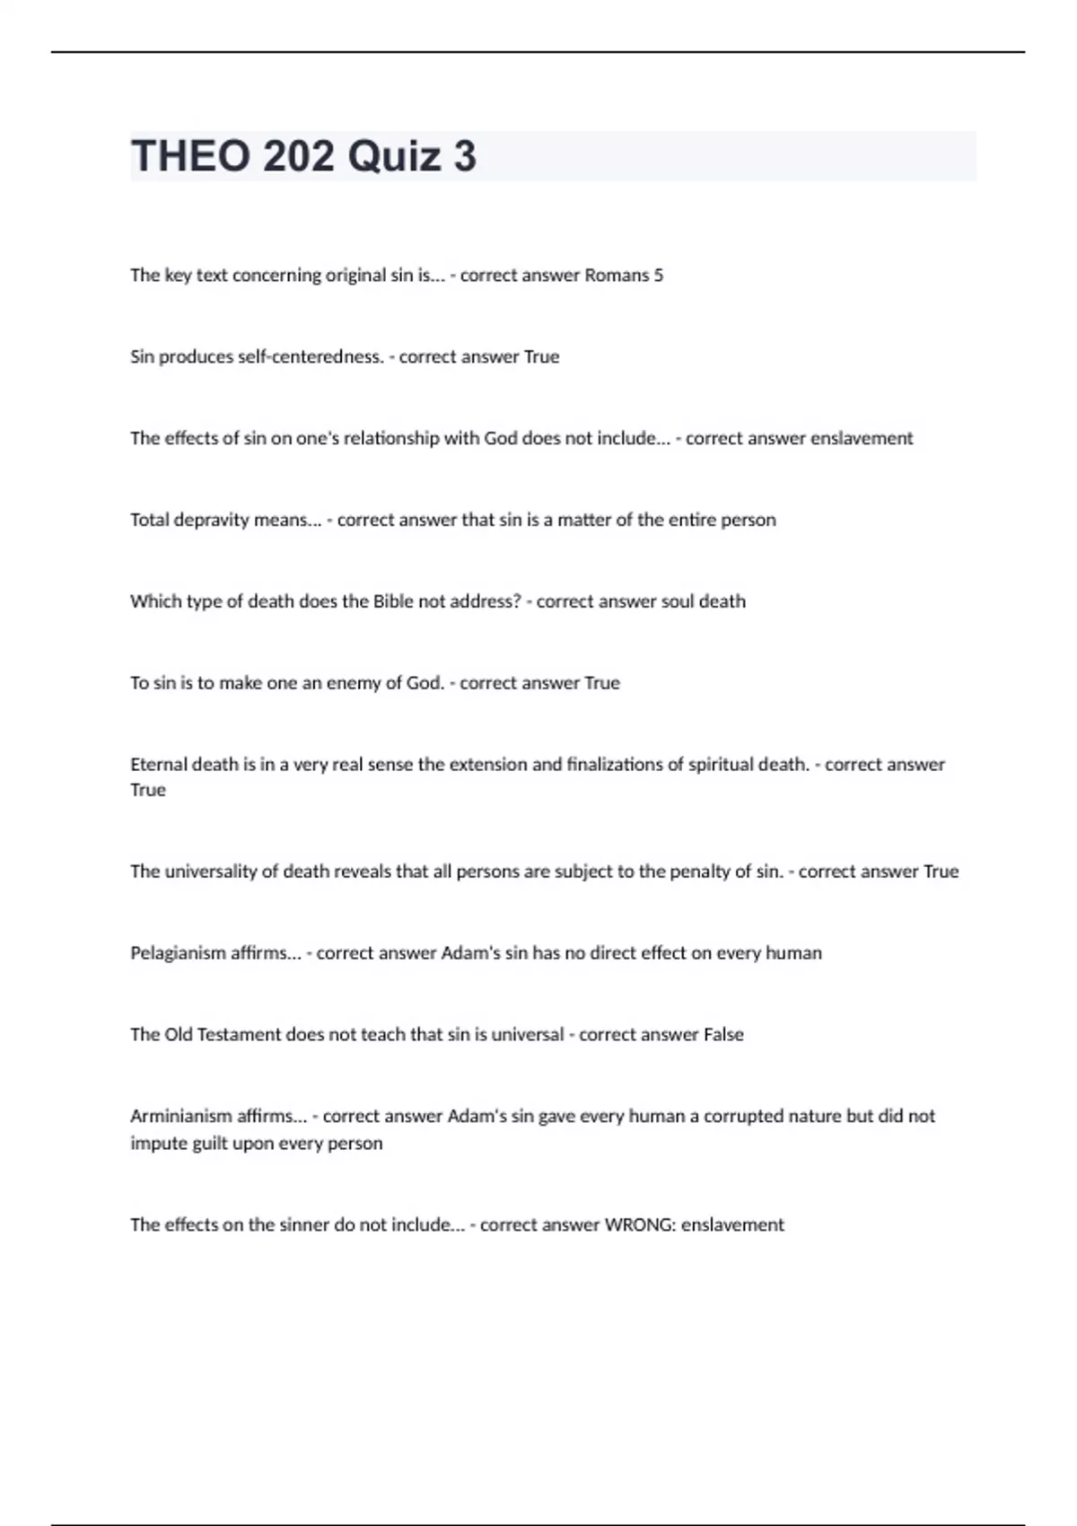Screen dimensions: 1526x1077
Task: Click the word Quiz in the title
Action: click(395, 156)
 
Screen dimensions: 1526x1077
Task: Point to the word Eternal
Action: click(158, 765)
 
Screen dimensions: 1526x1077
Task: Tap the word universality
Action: click(211, 872)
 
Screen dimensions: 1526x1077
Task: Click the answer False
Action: click(723, 1035)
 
